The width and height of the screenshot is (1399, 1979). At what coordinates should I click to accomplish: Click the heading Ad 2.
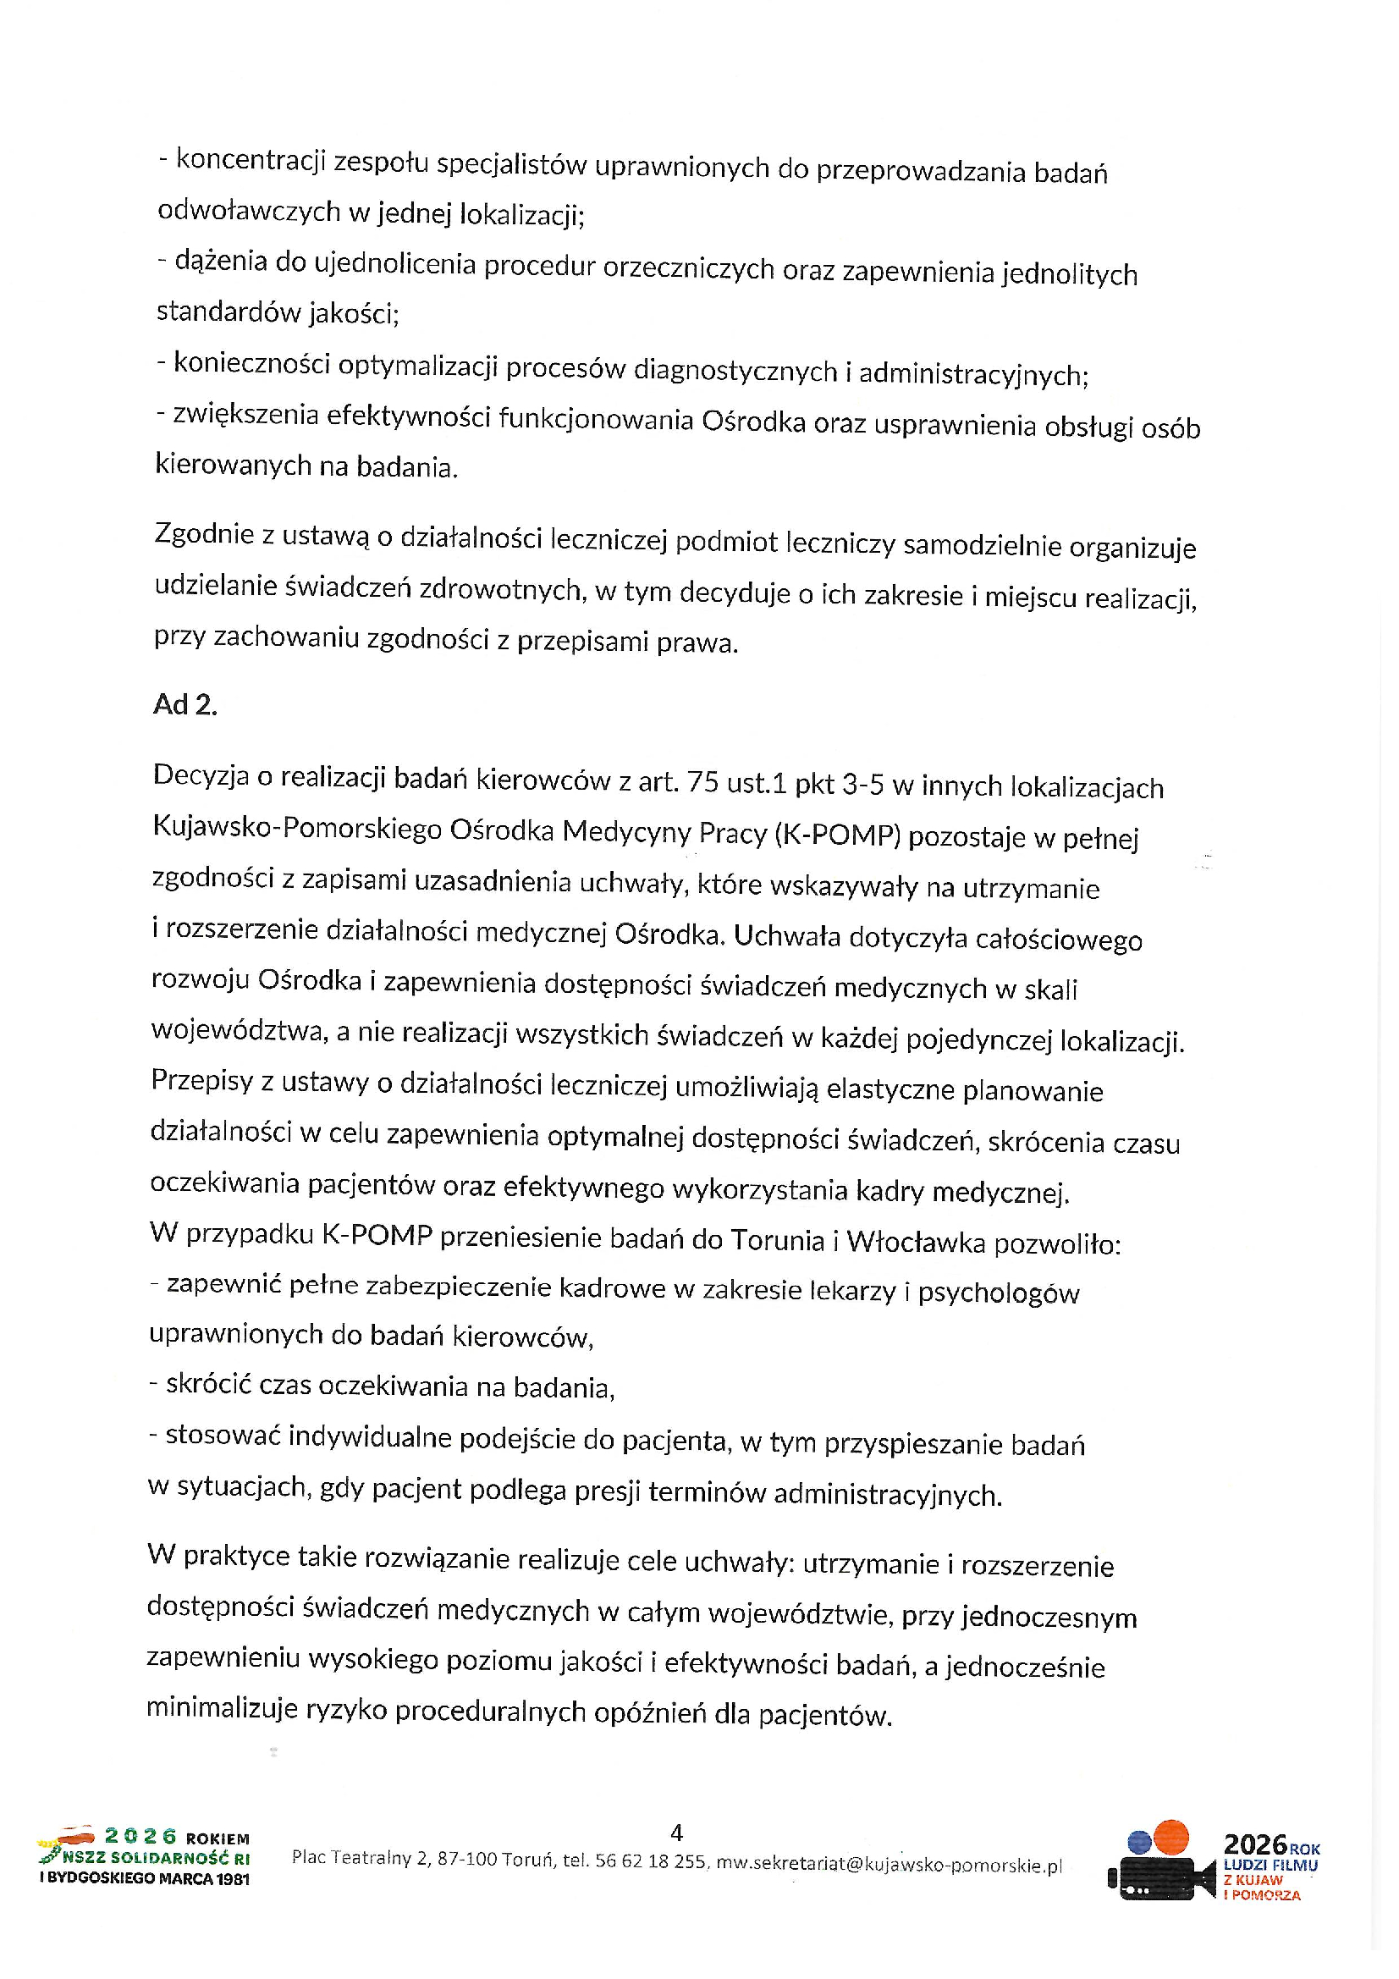point(185,704)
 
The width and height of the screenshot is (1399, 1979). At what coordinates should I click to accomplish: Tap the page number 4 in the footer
point(677,1832)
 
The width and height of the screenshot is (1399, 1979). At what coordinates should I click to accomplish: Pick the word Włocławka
point(917,1241)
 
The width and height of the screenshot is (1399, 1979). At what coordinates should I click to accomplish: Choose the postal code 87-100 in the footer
point(467,1859)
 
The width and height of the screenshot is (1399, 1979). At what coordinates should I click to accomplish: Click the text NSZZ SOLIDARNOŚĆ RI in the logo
point(155,1858)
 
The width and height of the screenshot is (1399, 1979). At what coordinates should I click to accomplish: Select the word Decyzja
point(200,776)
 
